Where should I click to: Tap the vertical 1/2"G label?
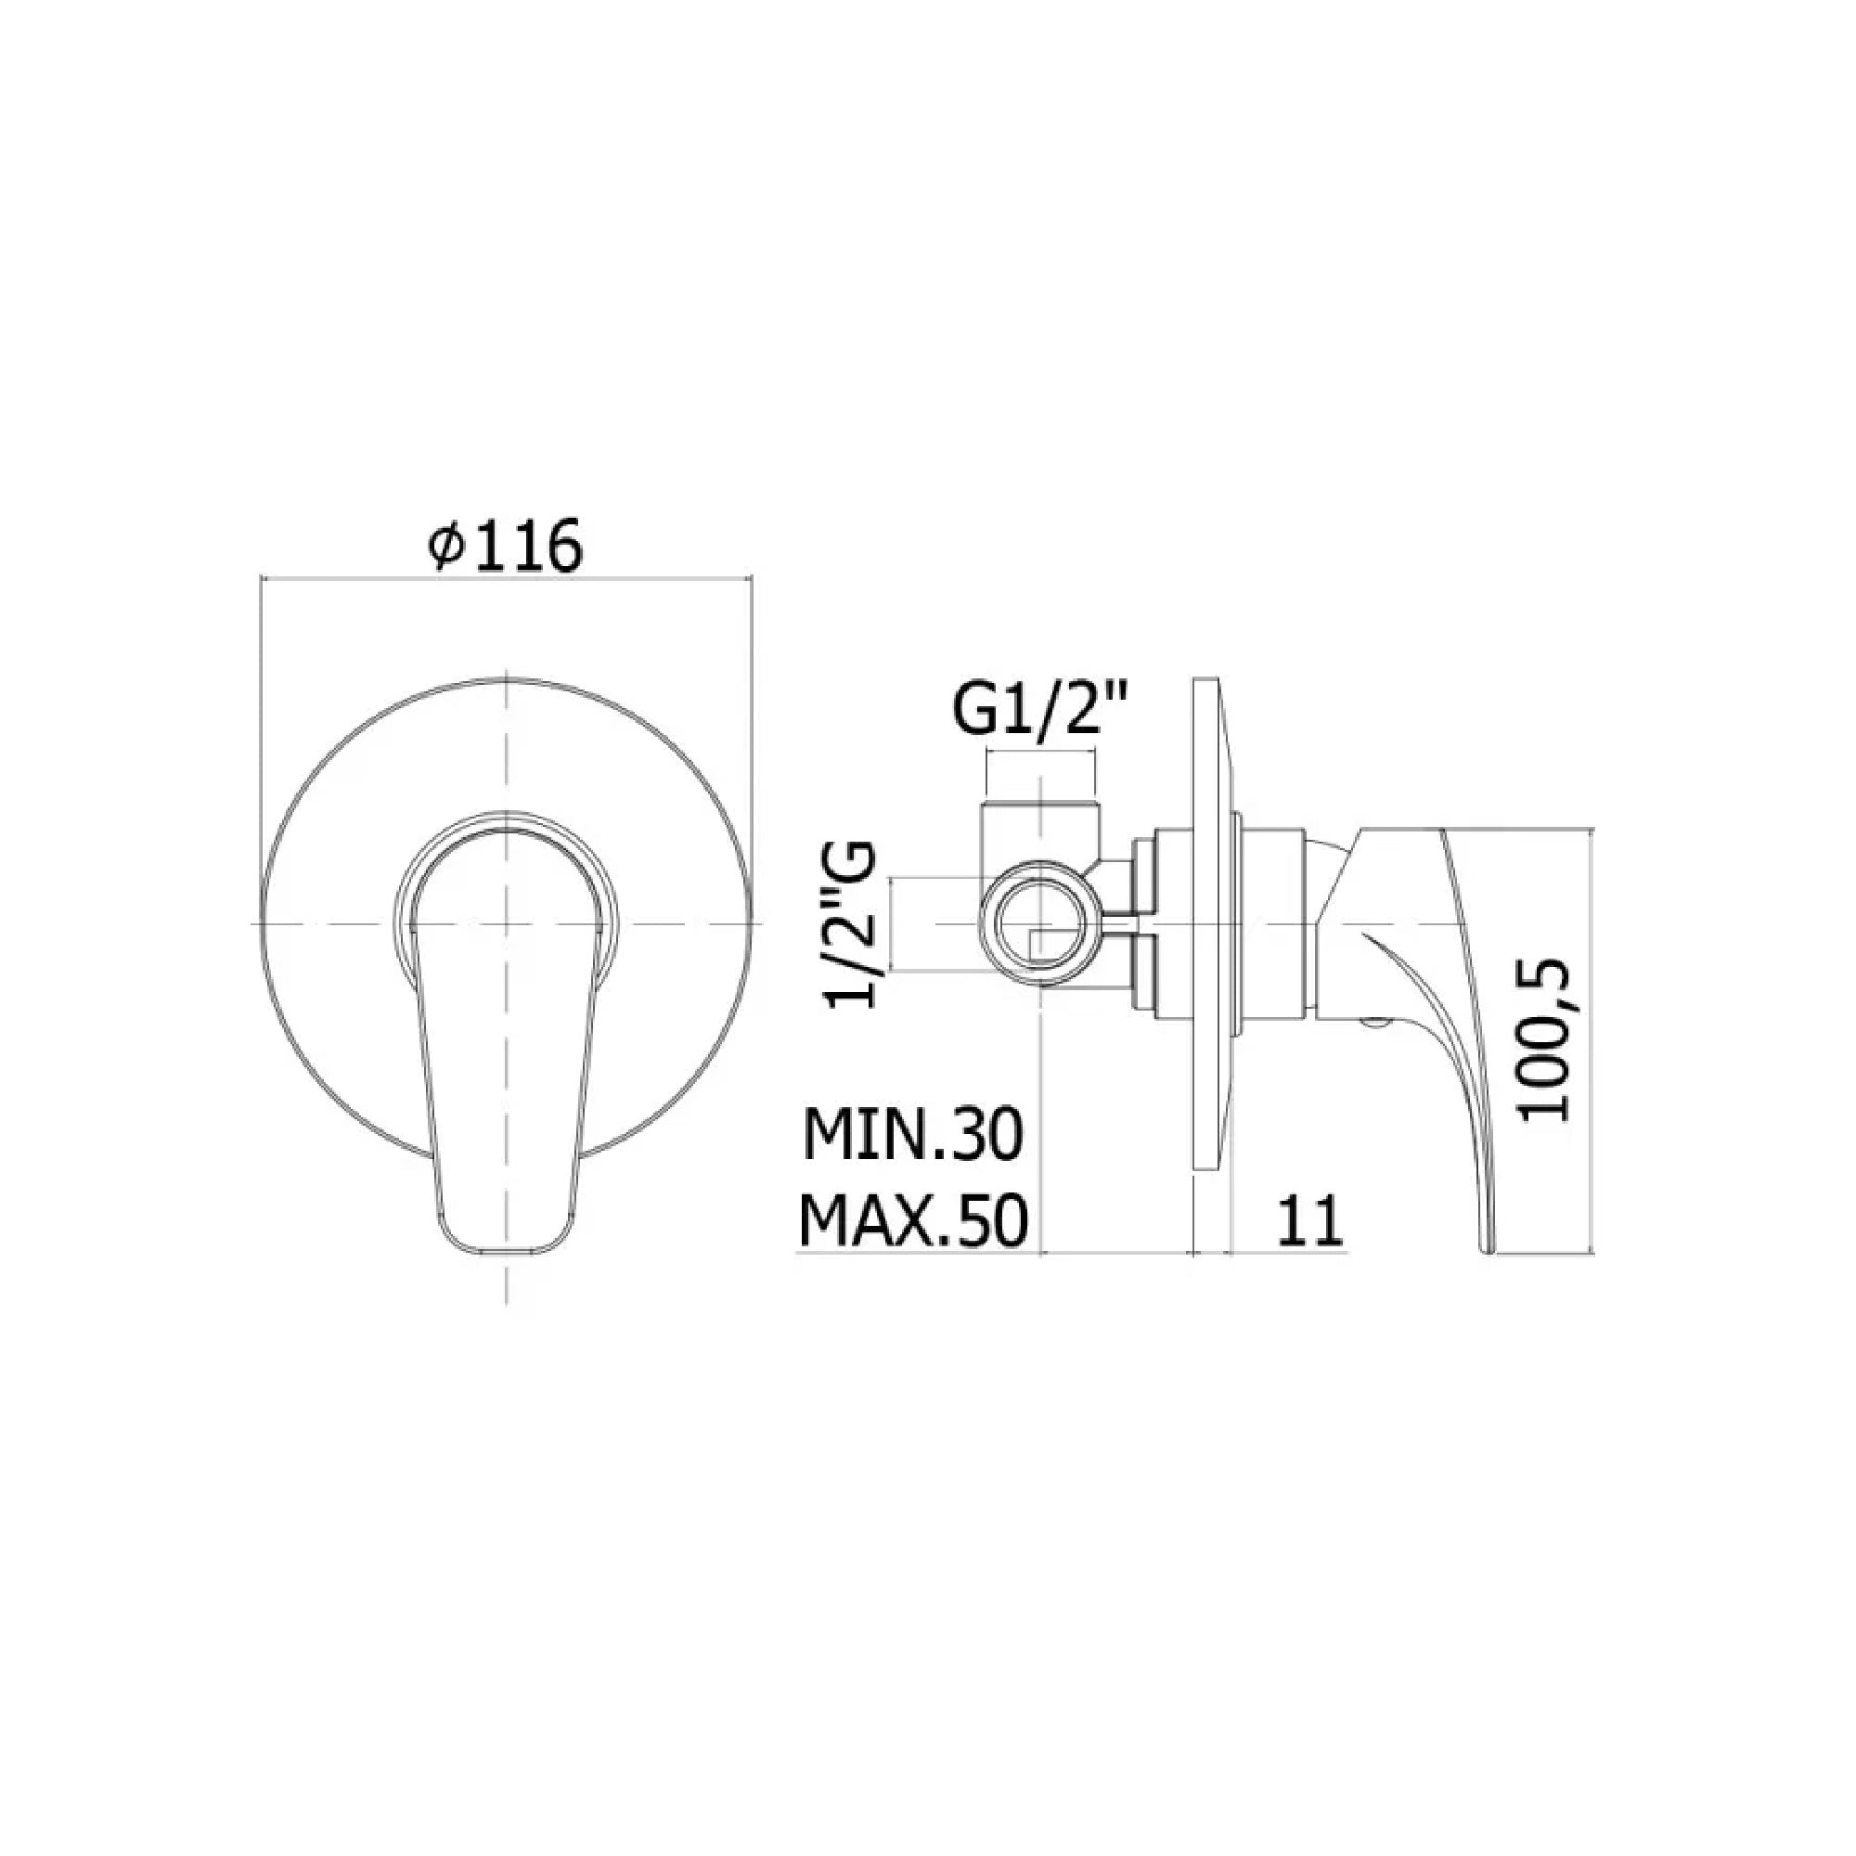[x=851, y=923]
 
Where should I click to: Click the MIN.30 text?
[x=913, y=1135]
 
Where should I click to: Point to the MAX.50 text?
[x=913, y=1219]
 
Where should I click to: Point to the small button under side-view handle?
[x=1373, y=1025]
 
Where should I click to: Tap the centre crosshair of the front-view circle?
[x=507, y=924]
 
